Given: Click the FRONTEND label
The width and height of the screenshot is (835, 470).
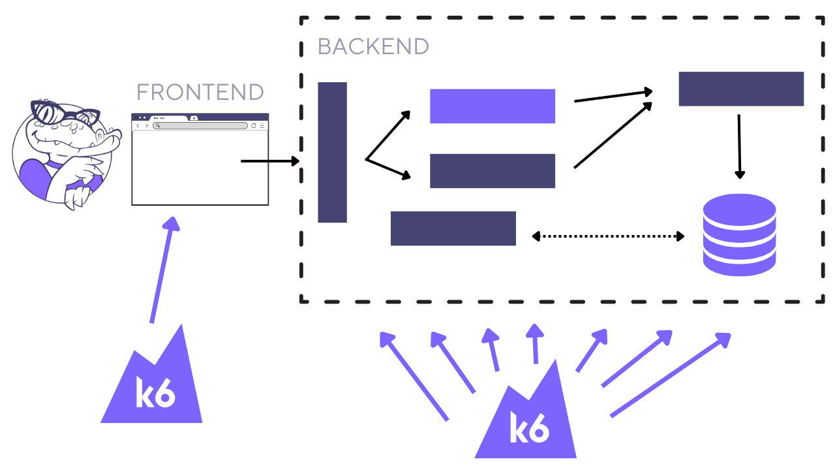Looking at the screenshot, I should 200,92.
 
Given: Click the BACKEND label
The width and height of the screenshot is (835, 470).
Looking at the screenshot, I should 372,46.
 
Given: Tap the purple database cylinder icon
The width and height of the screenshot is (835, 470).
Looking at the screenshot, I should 739,235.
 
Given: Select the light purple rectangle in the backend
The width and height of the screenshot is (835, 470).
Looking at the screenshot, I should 492,106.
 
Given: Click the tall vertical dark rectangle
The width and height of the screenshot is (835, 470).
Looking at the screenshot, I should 332,152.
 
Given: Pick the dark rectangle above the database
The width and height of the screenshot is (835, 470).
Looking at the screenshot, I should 740,89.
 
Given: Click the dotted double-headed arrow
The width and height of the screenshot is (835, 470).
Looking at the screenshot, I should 608,236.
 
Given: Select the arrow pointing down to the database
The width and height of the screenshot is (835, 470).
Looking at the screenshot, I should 739,147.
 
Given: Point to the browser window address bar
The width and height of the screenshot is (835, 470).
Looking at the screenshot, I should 200,125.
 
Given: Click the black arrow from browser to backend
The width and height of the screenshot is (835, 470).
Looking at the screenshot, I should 269,161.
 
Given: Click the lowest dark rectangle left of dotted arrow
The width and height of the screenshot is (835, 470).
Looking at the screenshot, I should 453,228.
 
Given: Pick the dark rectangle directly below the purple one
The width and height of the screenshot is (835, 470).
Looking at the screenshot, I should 492,171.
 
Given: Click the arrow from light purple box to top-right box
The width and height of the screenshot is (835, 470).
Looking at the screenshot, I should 613,96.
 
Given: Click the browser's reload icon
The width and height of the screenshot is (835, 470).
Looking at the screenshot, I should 254,125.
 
